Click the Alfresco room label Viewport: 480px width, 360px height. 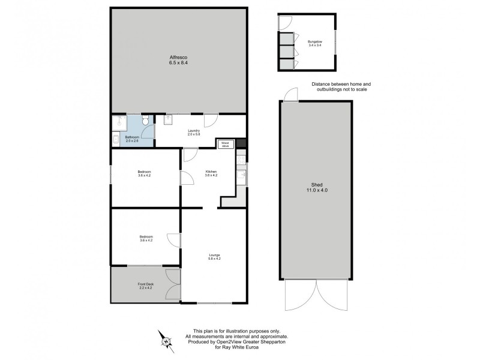tap(178, 59)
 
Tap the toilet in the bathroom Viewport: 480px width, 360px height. tap(145, 121)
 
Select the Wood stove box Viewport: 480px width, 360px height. tap(226, 144)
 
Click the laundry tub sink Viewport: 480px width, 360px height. tap(168, 119)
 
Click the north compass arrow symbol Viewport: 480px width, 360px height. tap(163, 339)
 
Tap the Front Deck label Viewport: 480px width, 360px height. tap(145, 286)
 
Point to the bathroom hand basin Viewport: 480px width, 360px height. tap(115, 140)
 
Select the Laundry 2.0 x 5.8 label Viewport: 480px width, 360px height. tap(193, 133)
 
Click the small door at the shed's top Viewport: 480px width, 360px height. tap(290, 95)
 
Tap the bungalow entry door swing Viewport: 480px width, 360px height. tap(284, 22)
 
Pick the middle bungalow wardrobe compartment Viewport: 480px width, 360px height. tap(287, 52)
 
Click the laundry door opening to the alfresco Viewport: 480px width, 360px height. tap(210, 120)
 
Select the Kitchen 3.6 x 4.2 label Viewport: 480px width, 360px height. tap(211, 173)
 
